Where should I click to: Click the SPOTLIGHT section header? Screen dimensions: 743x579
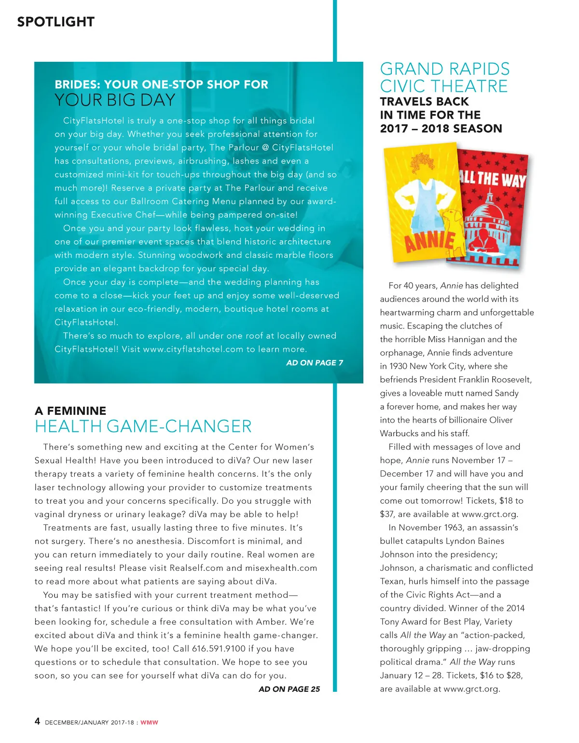55,22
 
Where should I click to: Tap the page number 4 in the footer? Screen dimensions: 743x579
37,721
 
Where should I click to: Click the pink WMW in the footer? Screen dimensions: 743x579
149,722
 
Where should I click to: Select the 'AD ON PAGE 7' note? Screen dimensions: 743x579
315,363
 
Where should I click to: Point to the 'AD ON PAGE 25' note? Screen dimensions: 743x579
289,689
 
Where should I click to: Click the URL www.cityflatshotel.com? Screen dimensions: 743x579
193,349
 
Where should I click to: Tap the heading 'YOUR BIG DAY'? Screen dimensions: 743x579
115,100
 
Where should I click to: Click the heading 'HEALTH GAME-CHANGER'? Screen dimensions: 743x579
143,427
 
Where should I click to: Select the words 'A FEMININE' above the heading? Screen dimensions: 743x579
70,411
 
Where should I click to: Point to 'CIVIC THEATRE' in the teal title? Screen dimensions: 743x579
443,86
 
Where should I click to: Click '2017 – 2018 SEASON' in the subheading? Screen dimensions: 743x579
441,129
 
